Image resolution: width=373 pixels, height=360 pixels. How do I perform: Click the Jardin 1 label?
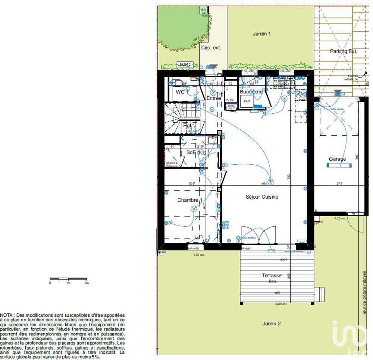[x=262, y=34]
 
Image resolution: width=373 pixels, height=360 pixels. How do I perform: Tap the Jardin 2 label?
[x=271, y=323]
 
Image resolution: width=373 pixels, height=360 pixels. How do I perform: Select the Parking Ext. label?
[x=343, y=51]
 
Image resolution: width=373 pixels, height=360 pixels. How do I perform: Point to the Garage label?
[x=337, y=159]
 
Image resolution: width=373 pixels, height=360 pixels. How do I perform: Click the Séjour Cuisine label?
[x=262, y=197]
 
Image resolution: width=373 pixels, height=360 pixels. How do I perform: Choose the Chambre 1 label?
[x=190, y=200]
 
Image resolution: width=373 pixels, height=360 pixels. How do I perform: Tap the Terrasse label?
[x=271, y=276]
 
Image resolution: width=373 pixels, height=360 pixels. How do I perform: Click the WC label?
[x=180, y=92]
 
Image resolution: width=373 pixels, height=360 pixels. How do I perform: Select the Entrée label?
[x=214, y=98]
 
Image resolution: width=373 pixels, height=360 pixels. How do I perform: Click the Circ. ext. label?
[x=211, y=48]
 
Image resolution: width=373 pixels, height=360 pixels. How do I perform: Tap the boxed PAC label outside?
[x=185, y=65]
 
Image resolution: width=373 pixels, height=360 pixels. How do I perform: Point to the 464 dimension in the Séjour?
[x=264, y=183]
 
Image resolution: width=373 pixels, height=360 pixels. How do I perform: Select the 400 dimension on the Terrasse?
[x=276, y=293]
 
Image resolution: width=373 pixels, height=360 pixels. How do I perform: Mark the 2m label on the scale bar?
[x=87, y=284]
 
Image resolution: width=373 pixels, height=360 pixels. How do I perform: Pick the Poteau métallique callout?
[x=351, y=78]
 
